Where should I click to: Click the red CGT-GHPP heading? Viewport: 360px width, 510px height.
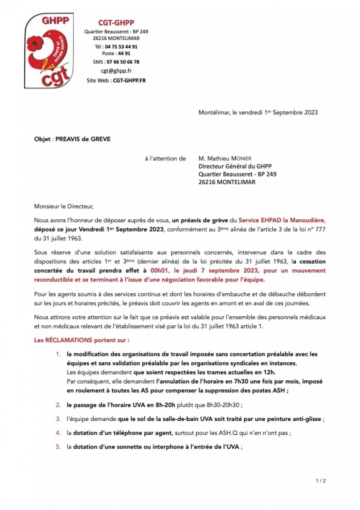coord(116,23)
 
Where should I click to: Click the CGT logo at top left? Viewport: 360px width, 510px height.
coord(49,51)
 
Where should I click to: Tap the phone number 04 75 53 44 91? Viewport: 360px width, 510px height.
coord(121,47)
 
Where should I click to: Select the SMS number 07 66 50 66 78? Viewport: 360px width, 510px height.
coord(123,62)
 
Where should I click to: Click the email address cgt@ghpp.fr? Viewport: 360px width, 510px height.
coord(116,71)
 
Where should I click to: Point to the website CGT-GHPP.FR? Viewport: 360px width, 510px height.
coord(129,81)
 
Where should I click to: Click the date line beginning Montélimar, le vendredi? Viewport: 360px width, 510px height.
coord(258,113)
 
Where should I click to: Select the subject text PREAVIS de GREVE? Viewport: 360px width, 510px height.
coord(83,139)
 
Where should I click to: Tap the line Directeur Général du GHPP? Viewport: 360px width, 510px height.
coord(235,166)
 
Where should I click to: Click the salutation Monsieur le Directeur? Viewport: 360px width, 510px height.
coord(64,206)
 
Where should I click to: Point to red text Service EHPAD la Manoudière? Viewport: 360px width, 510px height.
coord(281,221)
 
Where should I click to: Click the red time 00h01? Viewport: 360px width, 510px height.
coord(159,271)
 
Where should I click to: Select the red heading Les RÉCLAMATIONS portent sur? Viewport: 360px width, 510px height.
coord(82,340)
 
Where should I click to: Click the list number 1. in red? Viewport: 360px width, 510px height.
coord(58,354)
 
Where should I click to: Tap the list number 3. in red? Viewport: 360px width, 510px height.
coord(58,419)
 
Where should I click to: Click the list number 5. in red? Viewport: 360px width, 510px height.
coord(58,447)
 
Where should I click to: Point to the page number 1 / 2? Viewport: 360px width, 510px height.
coord(321,481)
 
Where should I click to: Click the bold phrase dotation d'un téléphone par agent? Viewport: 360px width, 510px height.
coord(122,433)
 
